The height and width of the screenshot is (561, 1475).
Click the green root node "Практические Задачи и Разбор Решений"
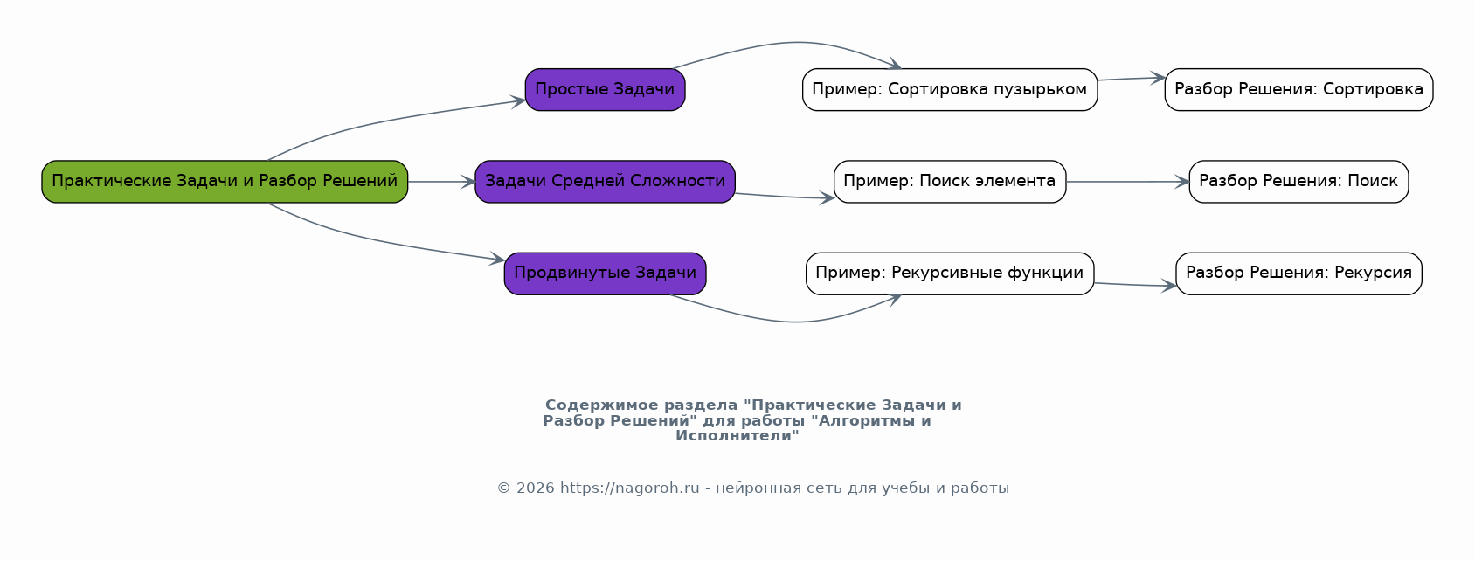pyautogui.click(x=225, y=182)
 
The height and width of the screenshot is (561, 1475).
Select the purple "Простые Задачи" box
pyautogui.click(x=605, y=90)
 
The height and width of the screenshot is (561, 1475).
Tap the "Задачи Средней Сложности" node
pyautogui.click(x=605, y=182)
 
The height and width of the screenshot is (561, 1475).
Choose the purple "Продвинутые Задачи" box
pyautogui.click(x=605, y=274)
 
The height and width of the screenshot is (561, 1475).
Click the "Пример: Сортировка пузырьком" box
pyautogui.click(x=949, y=90)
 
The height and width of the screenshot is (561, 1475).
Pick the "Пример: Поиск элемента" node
pyautogui.click(x=949, y=182)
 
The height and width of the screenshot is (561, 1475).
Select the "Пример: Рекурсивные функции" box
pyautogui.click(x=949, y=274)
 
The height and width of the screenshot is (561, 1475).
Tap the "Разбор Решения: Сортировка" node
pyautogui.click(x=1298, y=90)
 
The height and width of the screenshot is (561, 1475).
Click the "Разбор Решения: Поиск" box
pyautogui.click(x=1298, y=182)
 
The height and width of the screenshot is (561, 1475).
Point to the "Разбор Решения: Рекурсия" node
pyautogui.click(x=1298, y=274)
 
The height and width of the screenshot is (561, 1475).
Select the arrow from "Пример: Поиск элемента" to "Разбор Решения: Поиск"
pyautogui.click(x=1127, y=182)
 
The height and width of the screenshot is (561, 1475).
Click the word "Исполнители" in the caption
pyautogui.click(x=737, y=436)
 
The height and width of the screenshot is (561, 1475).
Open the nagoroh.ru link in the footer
pyautogui.click(x=629, y=488)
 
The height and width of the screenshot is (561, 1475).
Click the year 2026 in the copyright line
pyautogui.click(x=535, y=488)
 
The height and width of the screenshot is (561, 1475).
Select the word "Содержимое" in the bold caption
pyautogui.click(x=602, y=405)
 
